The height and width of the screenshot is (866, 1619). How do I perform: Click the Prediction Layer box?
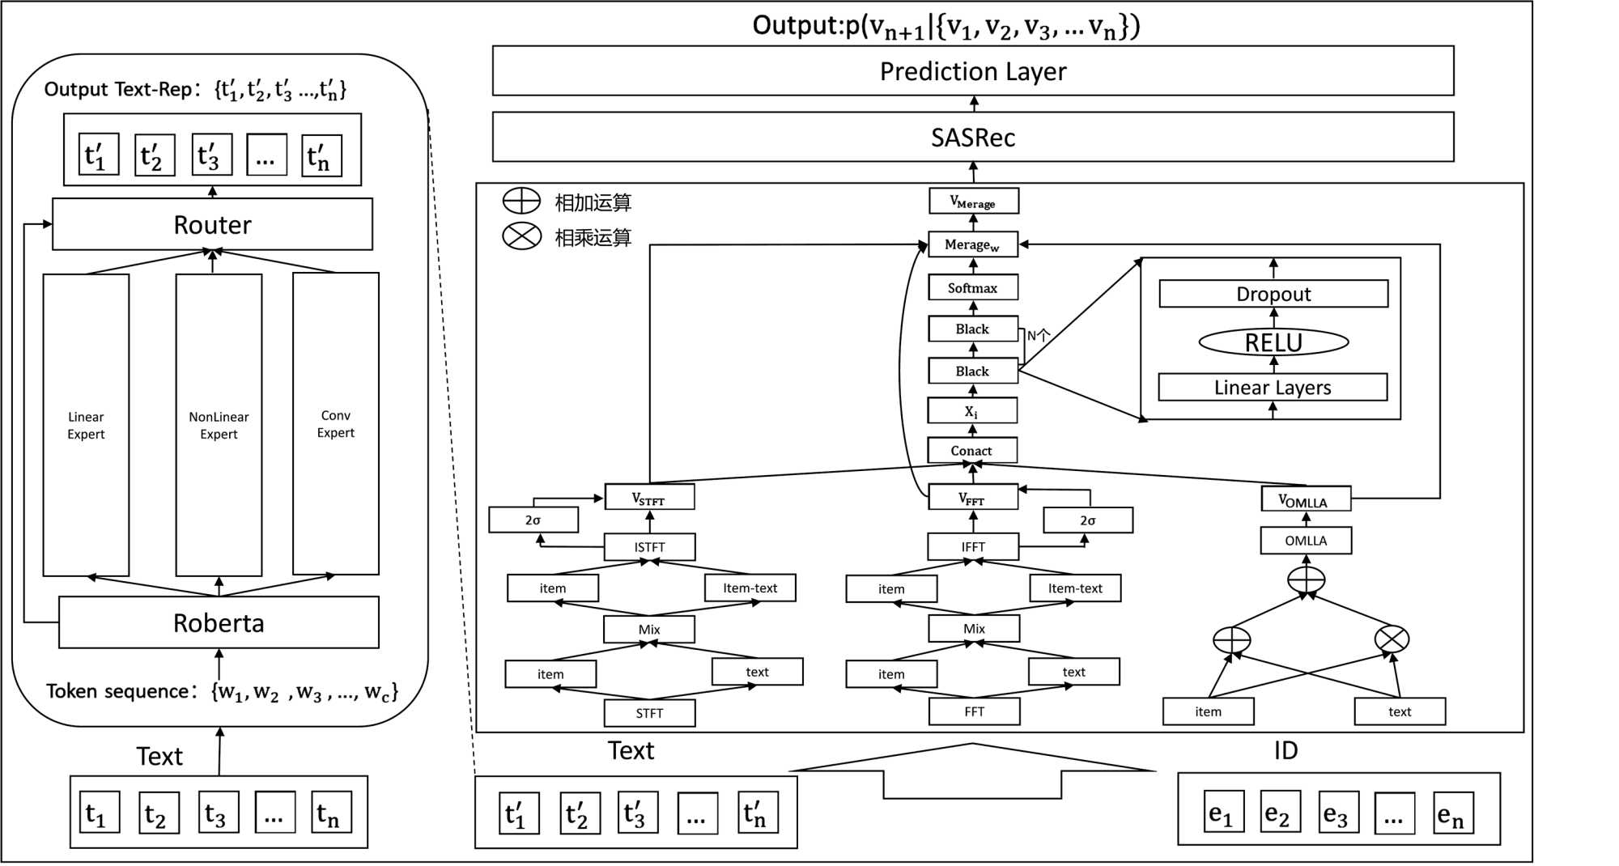pyautogui.click(x=972, y=71)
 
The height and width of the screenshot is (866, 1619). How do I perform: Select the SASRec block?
pyautogui.click(x=972, y=138)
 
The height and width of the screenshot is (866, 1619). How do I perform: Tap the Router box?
pyautogui.click(x=212, y=224)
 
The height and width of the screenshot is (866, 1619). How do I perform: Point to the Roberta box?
pyautogui.click(x=219, y=622)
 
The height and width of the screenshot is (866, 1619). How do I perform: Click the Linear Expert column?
pyautogui.click(x=86, y=425)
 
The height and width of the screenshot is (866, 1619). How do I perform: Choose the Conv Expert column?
pyautogui.click(x=335, y=423)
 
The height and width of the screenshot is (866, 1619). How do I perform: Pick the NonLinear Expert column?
pyautogui.click(x=219, y=425)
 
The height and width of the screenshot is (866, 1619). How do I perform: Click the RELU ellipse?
pyautogui.click(x=1273, y=342)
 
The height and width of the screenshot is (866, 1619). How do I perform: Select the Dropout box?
pyautogui.click(x=1273, y=294)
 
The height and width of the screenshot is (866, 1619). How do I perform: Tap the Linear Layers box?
pyautogui.click(x=1273, y=388)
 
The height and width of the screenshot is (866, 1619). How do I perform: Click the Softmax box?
pyautogui.click(x=972, y=287)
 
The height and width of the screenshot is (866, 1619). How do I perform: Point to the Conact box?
pyautogui.click(x=971, y=450)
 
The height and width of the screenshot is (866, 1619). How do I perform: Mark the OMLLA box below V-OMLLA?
pyautogui.click(x=1306, y=541)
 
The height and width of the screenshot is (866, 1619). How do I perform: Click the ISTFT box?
pyautogui.click(x=649, y=547)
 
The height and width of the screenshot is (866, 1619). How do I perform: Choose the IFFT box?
pyautogui.click(x=973, y=547)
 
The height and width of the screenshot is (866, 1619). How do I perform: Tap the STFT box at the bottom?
pyautogui.click(x=649, y=713)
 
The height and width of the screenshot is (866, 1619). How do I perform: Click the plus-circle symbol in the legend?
pyautogui.click(x=521, y=201)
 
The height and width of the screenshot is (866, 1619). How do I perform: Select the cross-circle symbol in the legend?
pyautogui.click(x=521, y=236)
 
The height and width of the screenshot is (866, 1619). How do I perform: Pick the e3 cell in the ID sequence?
pyautogui.click(x=1337, y=813)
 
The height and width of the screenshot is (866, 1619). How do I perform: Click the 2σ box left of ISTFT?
pyautogui.click(x=533, y=520)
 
